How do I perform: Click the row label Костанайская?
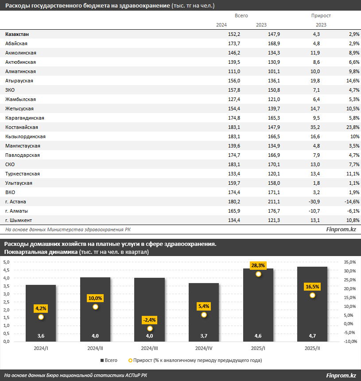pos(21,127)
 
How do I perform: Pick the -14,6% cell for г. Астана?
pos(350,202)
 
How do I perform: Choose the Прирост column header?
pos(321,16)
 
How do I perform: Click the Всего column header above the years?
pos(241,16)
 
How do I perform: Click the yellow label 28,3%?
pos(258,265)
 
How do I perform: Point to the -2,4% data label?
pos(150,320)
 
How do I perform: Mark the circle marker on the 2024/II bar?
pos(95,307)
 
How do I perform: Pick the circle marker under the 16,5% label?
pos(312,295)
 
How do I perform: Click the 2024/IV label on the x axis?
pos(204,349)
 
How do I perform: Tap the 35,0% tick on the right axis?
pos(350,262)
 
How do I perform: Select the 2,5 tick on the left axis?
pos(7,302)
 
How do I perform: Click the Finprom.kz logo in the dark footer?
pos(341,376)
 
